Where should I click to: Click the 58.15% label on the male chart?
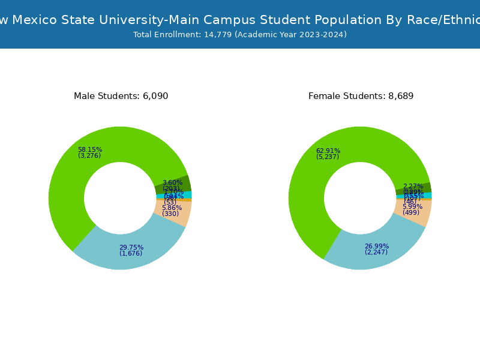tap(90, 150)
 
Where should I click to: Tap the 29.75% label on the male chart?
tap(131, 247)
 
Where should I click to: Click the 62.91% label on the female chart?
tap(328, 151)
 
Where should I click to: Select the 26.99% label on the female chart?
tap(376, 246)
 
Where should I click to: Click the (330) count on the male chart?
tap(170, 214)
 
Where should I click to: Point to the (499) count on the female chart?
tap(411, 212)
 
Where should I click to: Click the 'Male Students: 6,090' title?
tap(121, 96)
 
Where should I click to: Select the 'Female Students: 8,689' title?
tap(361, 96)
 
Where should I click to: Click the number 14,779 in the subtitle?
tap(217, 35)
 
